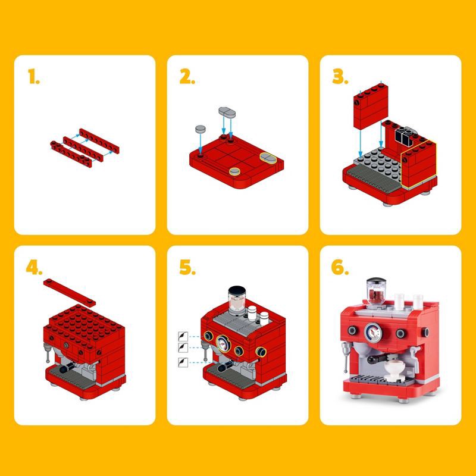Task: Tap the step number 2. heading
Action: click(187, 77)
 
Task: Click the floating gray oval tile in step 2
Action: click(227, 111)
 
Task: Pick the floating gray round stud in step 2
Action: click(200, 129)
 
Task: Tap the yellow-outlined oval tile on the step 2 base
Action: click(268, 158)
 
